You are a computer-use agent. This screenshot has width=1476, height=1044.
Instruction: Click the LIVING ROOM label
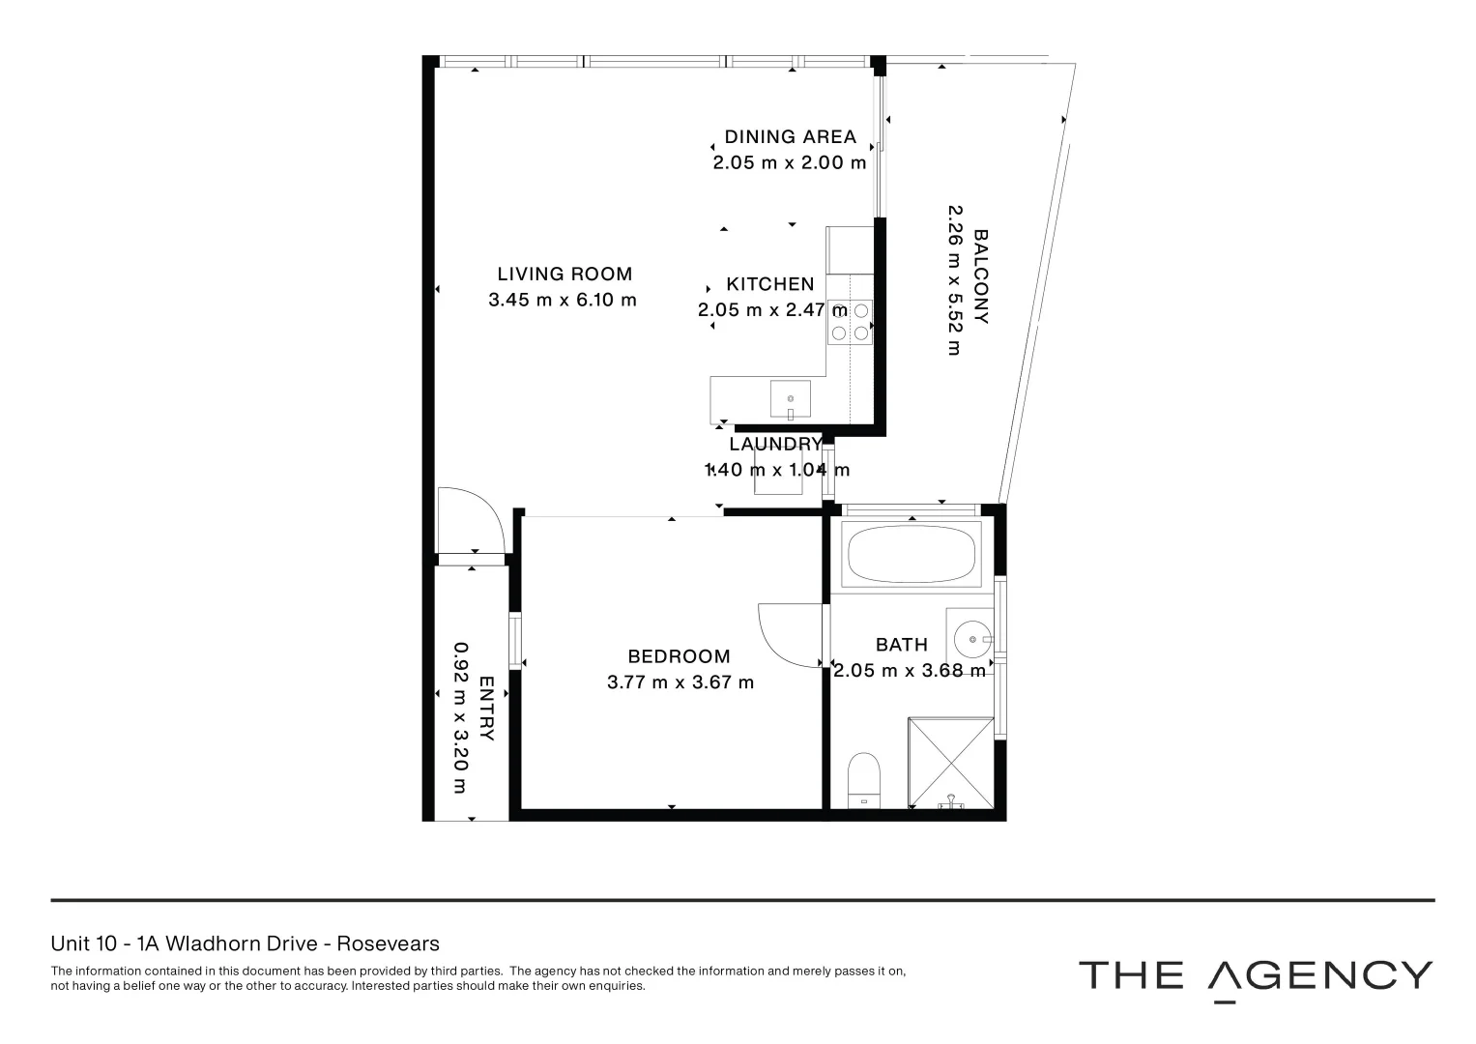[x=564, y=275]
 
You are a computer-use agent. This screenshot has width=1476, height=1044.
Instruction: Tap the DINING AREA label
[x=790, y=137]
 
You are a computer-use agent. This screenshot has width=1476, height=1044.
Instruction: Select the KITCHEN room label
[x=770, y=284]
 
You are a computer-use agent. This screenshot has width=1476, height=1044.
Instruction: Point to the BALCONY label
[x=981, y=276]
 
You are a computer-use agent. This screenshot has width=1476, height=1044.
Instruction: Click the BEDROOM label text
[x=679, y=656]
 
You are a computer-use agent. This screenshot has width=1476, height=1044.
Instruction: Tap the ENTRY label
[x=486, y=709]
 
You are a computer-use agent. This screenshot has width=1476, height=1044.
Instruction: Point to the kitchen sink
[x=791, y=398]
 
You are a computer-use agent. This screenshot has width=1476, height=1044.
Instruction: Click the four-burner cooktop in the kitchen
[x=850, y=322]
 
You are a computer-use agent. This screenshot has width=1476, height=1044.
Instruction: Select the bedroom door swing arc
[x=792, y=634]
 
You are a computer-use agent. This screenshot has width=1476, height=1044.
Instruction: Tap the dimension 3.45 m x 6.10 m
[x=563, y=300]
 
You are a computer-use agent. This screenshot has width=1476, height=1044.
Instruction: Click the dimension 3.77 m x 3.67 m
[x=680, y=682]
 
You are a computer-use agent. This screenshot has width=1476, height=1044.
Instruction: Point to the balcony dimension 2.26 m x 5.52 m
[x=955, y=279]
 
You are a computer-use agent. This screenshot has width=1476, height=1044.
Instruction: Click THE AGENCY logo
[x=1255, y=976]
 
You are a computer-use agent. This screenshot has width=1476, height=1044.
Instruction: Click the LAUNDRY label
[x=775, y=445]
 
